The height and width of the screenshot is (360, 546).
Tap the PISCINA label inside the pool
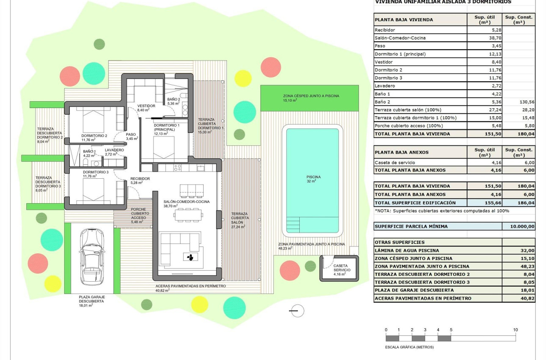click(313, 177)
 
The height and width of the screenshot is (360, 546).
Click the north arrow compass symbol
click(298, 310)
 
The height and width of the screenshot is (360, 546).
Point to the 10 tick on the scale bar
click(515, 330)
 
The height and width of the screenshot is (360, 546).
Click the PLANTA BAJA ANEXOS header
click(401, 152)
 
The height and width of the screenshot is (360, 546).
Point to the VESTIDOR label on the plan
click(146, 106)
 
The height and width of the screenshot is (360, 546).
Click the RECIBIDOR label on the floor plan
click(140, 179)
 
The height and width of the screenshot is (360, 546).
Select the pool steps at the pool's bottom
click(293, 223)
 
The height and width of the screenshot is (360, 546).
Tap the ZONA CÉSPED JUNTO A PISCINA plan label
click(311, 96)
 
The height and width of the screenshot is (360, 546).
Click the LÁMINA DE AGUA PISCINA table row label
click(407, 250)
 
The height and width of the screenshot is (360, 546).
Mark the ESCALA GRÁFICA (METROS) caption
click(409, 347)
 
